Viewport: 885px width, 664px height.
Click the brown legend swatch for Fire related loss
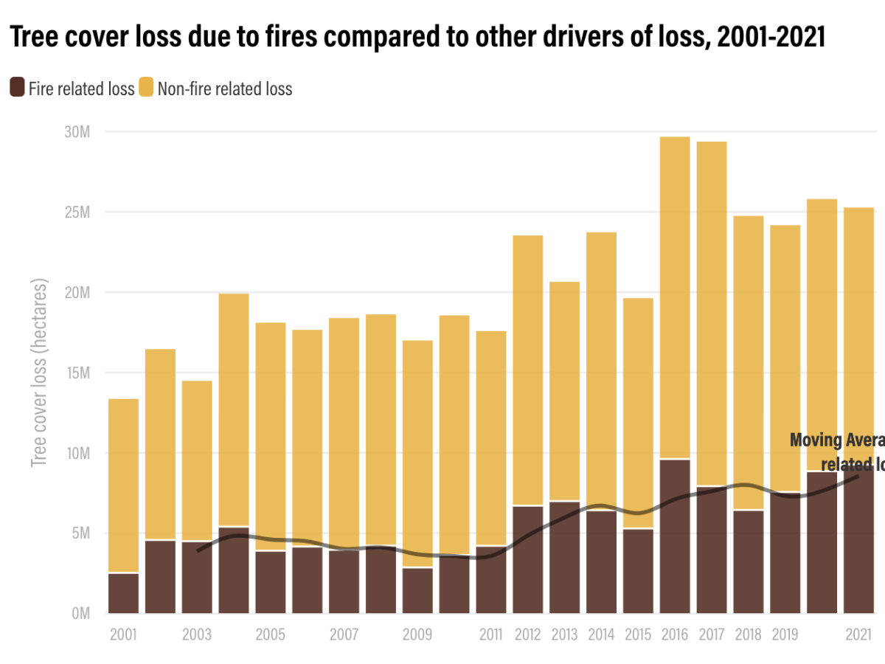(x=17, y=88)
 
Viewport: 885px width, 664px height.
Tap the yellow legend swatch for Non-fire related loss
(x=146, y=88)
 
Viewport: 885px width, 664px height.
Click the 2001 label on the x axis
(x=123, y=634)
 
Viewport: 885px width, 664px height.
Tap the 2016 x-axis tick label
(x=675, y=634)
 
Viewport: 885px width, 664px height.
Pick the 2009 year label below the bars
(x=417, y=634)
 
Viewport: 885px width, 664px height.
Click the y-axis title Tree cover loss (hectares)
(x=39, y=373)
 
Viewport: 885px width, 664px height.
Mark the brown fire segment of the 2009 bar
(x=417, y=590)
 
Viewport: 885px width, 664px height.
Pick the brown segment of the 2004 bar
(x=234, y=575)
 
